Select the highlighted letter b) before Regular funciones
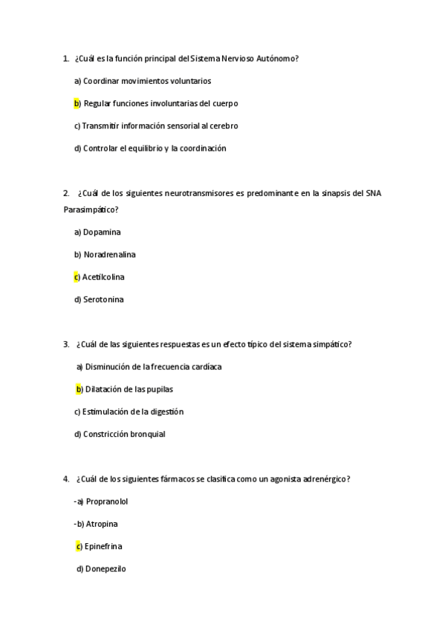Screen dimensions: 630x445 (x=77, y=103)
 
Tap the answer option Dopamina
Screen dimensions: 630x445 (x=102, y=232)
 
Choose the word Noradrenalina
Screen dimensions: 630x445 (x=110, y=254)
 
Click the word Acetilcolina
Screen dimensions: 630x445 (x=103, y=277)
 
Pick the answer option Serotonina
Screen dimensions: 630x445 (x=103, y=299)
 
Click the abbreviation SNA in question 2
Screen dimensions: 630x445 (x=374, y=193)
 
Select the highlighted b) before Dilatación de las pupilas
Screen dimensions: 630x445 (x=79, y=389)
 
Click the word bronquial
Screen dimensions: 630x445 (x=146, y=434)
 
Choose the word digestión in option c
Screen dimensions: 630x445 (x=166, y=412)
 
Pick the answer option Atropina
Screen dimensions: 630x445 (x=102, y=524)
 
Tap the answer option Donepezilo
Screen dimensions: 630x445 (x=106, y=568)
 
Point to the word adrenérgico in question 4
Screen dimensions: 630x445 (x=325, y=479)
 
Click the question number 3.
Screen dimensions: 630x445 (x=66, y=344)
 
